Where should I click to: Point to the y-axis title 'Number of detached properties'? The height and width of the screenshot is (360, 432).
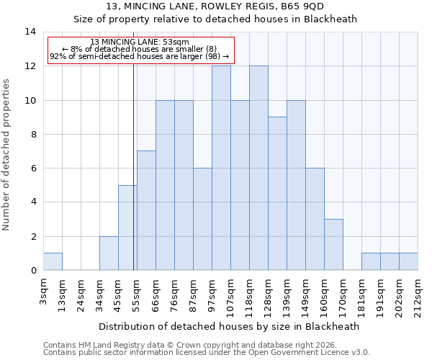pos(7,156)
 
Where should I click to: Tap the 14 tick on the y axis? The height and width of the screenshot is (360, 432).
pos(30,32)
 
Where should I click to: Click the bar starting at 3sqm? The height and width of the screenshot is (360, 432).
pos(53,262)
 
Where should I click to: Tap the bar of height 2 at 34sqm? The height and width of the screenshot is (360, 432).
pos(109,253)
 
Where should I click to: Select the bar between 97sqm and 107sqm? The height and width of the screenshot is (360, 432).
pos(221,168)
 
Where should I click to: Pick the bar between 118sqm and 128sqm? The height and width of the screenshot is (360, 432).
pos(258,168)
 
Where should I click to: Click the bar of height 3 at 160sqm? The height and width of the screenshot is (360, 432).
pos(333,245)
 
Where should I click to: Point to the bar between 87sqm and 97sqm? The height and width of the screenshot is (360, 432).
pos(202,220)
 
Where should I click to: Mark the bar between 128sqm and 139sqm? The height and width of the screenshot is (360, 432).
pos(277,194)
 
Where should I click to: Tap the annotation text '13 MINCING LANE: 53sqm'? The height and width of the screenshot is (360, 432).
pos(140,42)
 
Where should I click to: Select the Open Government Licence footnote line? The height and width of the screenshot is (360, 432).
pos(207,352)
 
